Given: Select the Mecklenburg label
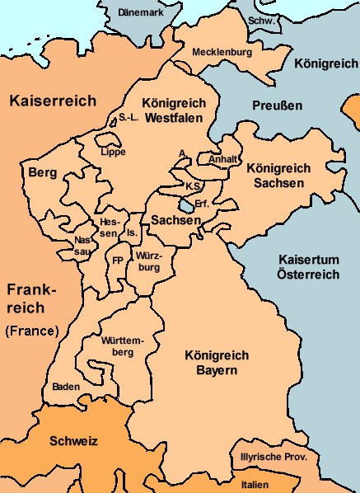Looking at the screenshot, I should pyautogui.click(x=221, y=52).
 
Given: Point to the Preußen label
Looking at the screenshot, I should pyautogui.click(x=276, y=106).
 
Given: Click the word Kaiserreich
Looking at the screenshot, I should pyautogui.click(x=53, y=101).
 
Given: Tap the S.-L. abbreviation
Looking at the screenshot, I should pyautogui.click(x=129, y=118).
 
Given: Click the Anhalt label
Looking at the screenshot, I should pyautogui.click(x=223, y=159).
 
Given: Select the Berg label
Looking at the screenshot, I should pyautogui.click(x=42, y=173).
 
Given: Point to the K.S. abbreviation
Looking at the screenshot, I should pyautogui.click(x=194, y=186).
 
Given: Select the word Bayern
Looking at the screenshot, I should pyautogui.click(x=211, y=371).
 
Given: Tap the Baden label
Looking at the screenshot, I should pyautogui.click(x=66, y=386).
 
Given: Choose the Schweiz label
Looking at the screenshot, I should pyautogui.click(x=74, y=441).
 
